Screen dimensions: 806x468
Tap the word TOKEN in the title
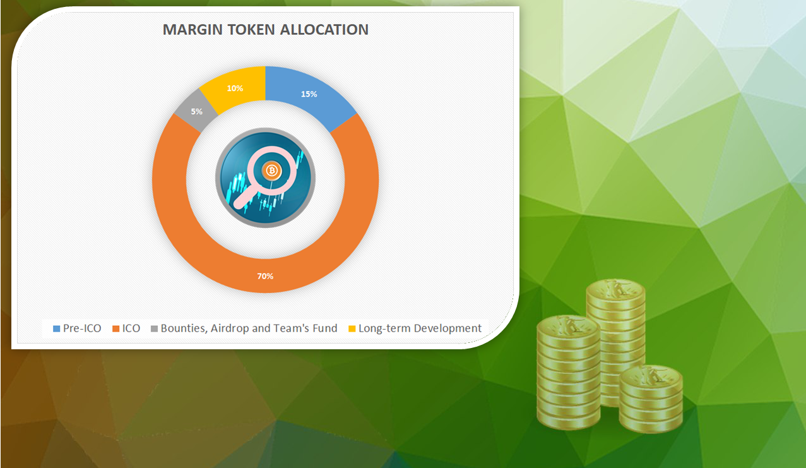[251, 30]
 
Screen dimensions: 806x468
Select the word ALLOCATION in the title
[324, 30]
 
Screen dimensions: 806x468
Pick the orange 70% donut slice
[265, 276]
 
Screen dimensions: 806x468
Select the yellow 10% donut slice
[235, 88]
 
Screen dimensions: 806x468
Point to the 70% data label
[265, 276]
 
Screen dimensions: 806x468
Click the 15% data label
[309, 94]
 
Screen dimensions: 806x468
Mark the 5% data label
[196, 112]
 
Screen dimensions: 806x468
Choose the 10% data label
[235, 88]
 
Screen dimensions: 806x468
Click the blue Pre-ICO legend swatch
[57, 328]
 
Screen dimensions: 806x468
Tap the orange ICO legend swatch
[116, 328]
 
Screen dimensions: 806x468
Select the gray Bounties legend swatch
[155, 328]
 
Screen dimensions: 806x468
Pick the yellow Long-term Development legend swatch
[352, 328]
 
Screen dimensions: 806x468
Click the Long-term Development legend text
[420, 328]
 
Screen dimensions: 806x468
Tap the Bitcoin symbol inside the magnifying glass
[271, 171]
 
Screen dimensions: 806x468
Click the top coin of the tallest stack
[615, 292]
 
